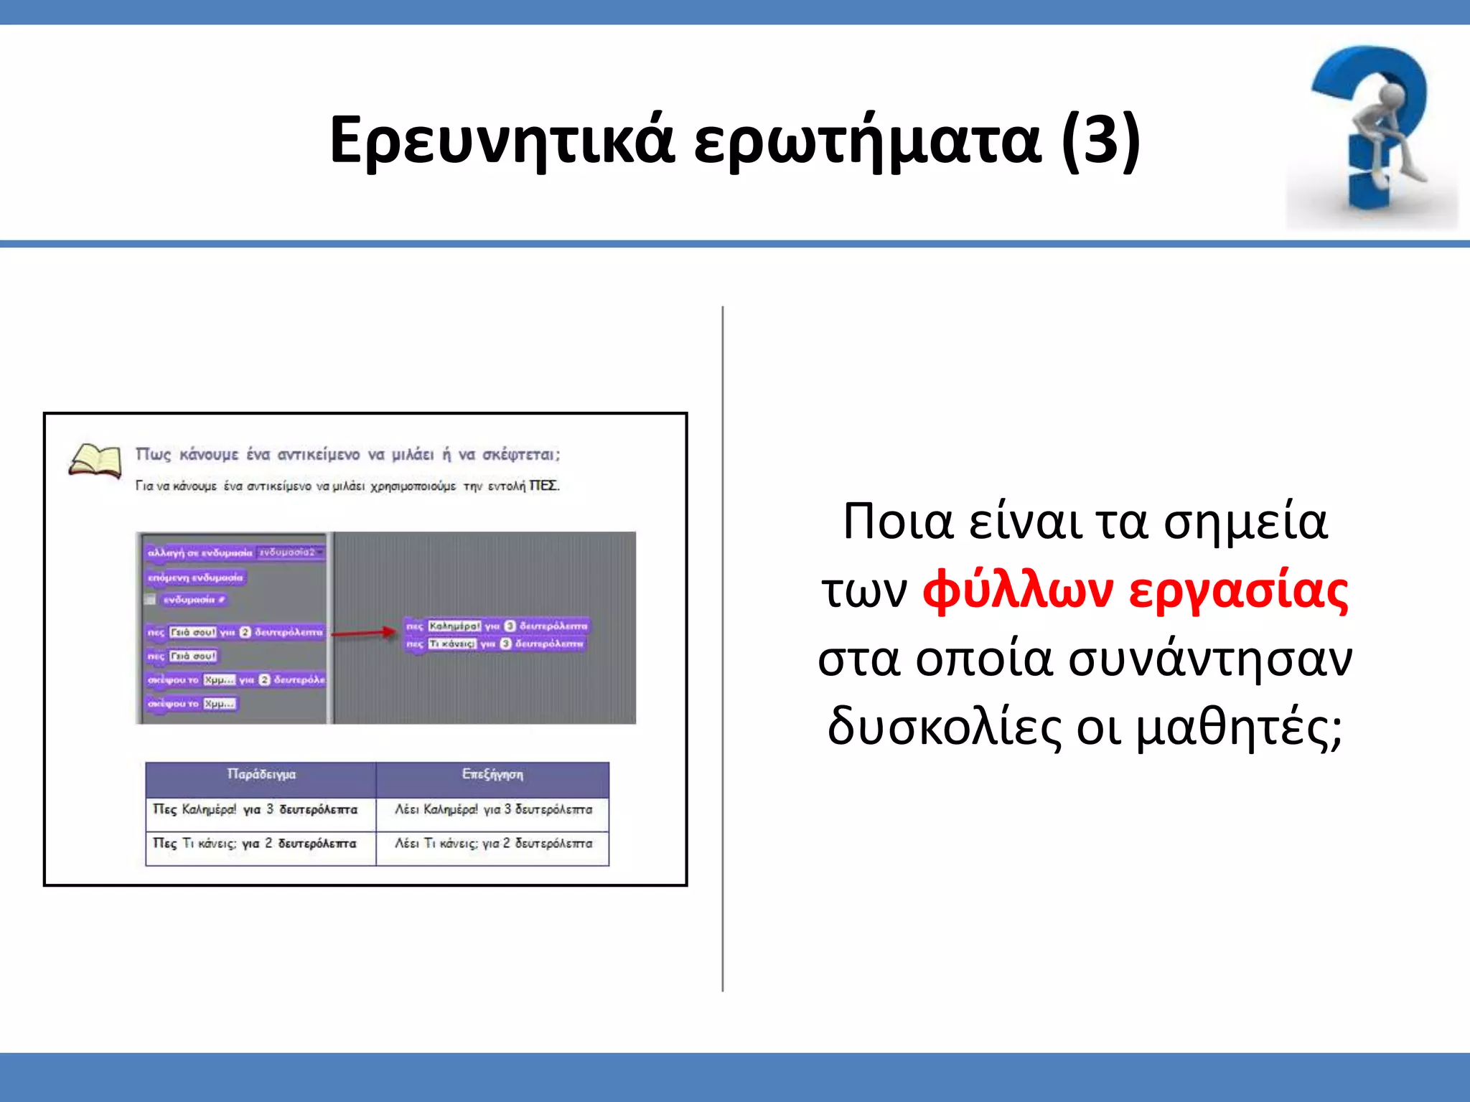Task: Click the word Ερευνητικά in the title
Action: (x=502, y=140)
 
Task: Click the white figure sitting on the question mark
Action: (x=1389, y=133)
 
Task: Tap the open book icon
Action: (x=95, y=461)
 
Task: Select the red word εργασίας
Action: (x=1238, y=592)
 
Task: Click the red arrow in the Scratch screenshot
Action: (x=364, y=633)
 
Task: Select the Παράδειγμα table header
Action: (x=261, y=775)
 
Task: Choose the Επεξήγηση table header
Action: (x=492, y=775)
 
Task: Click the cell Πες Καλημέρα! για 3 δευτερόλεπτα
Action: (x=256, y=810)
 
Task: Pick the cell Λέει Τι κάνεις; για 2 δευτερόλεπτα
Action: (x=494, y=844)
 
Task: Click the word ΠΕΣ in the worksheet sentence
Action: (x=543, y=486)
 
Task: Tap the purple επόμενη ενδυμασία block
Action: (x=195, y=578)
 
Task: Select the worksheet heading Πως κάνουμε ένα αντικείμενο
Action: (x=347, y=455)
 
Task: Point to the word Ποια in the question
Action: (x=897, y=522)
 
